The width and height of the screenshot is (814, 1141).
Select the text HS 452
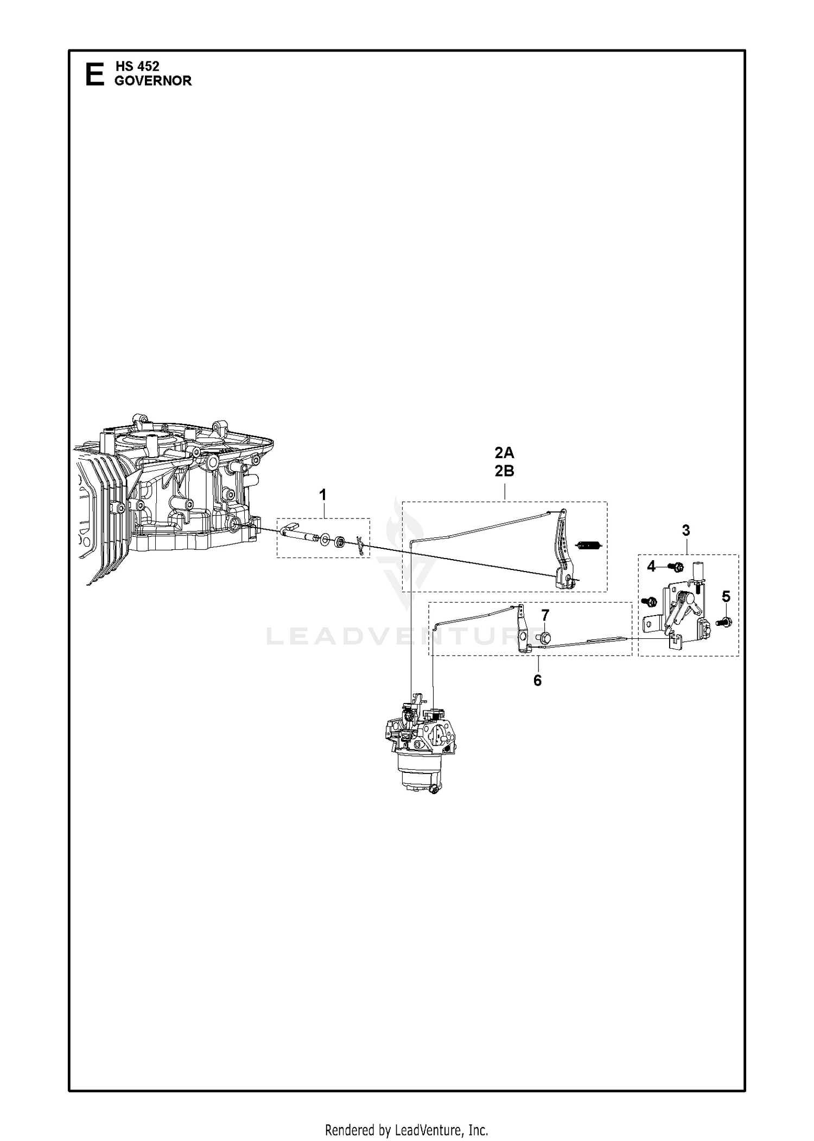pos(137,66)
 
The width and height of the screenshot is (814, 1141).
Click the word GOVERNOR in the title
pos(153,81)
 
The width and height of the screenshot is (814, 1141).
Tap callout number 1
pos(323,495)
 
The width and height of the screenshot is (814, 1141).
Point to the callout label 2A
pos(504,453)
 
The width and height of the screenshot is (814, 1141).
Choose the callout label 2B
pos(504,471)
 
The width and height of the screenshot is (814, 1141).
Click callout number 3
pos(686,530)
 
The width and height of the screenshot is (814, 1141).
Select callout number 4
pos(651,567)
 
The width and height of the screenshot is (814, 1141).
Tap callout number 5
pos(726,597)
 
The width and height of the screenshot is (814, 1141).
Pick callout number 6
pos(537,680)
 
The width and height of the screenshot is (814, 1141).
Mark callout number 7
pos(545,615)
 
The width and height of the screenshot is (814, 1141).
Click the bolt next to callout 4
pos(676,567)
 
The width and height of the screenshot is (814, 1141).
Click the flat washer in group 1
pos(325,540)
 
